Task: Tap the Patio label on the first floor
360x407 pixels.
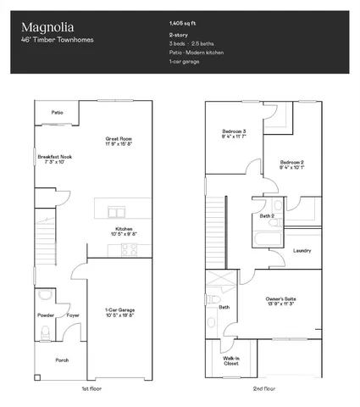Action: click(x=58, y=112)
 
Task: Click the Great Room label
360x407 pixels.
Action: click(x=119, y=141)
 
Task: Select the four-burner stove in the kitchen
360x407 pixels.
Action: click(x=130, y=249)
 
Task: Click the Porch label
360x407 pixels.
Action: click(x=62, y=360)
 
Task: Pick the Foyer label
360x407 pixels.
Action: click(x=73, y=315)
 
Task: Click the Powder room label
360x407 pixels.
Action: click(x=46, y=315)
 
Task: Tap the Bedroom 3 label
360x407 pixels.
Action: click(x=234, y=134)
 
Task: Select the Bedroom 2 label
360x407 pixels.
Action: click(x=292, y=164)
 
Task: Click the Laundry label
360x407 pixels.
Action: click(x=302, y=251)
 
